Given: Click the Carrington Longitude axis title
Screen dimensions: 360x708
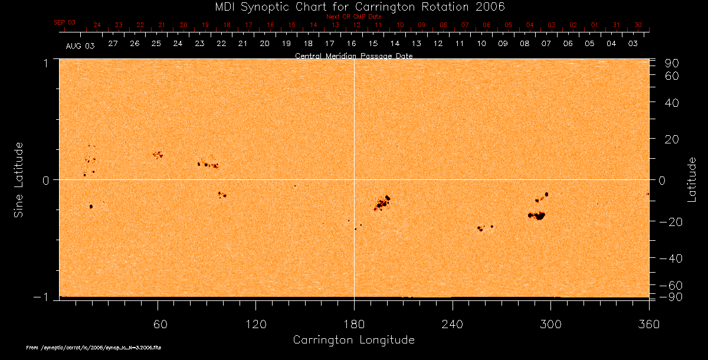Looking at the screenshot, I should [x=353, y=340].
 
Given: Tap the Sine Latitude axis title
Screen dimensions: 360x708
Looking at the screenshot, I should [x=19, y=179].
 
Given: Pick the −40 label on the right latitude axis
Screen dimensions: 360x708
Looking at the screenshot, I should [x=668, y=258].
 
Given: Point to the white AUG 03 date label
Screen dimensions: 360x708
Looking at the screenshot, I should [x=80, y=45].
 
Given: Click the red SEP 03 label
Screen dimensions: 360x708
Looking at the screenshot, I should [x=65, y=22].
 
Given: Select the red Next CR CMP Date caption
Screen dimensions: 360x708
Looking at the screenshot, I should [x=353, y=17].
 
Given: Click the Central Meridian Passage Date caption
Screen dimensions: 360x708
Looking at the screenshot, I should [x=353, y=55].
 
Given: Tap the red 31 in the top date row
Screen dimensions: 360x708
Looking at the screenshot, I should [x=617, y=25].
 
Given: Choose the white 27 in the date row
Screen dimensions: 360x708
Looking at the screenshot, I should [x=113, y=44].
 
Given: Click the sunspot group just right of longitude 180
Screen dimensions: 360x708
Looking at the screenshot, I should [x=382, y=204].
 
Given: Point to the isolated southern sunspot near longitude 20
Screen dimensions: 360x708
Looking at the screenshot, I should [x=91, y=207].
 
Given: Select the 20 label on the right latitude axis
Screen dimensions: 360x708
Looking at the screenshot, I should [x=673, y=139].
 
